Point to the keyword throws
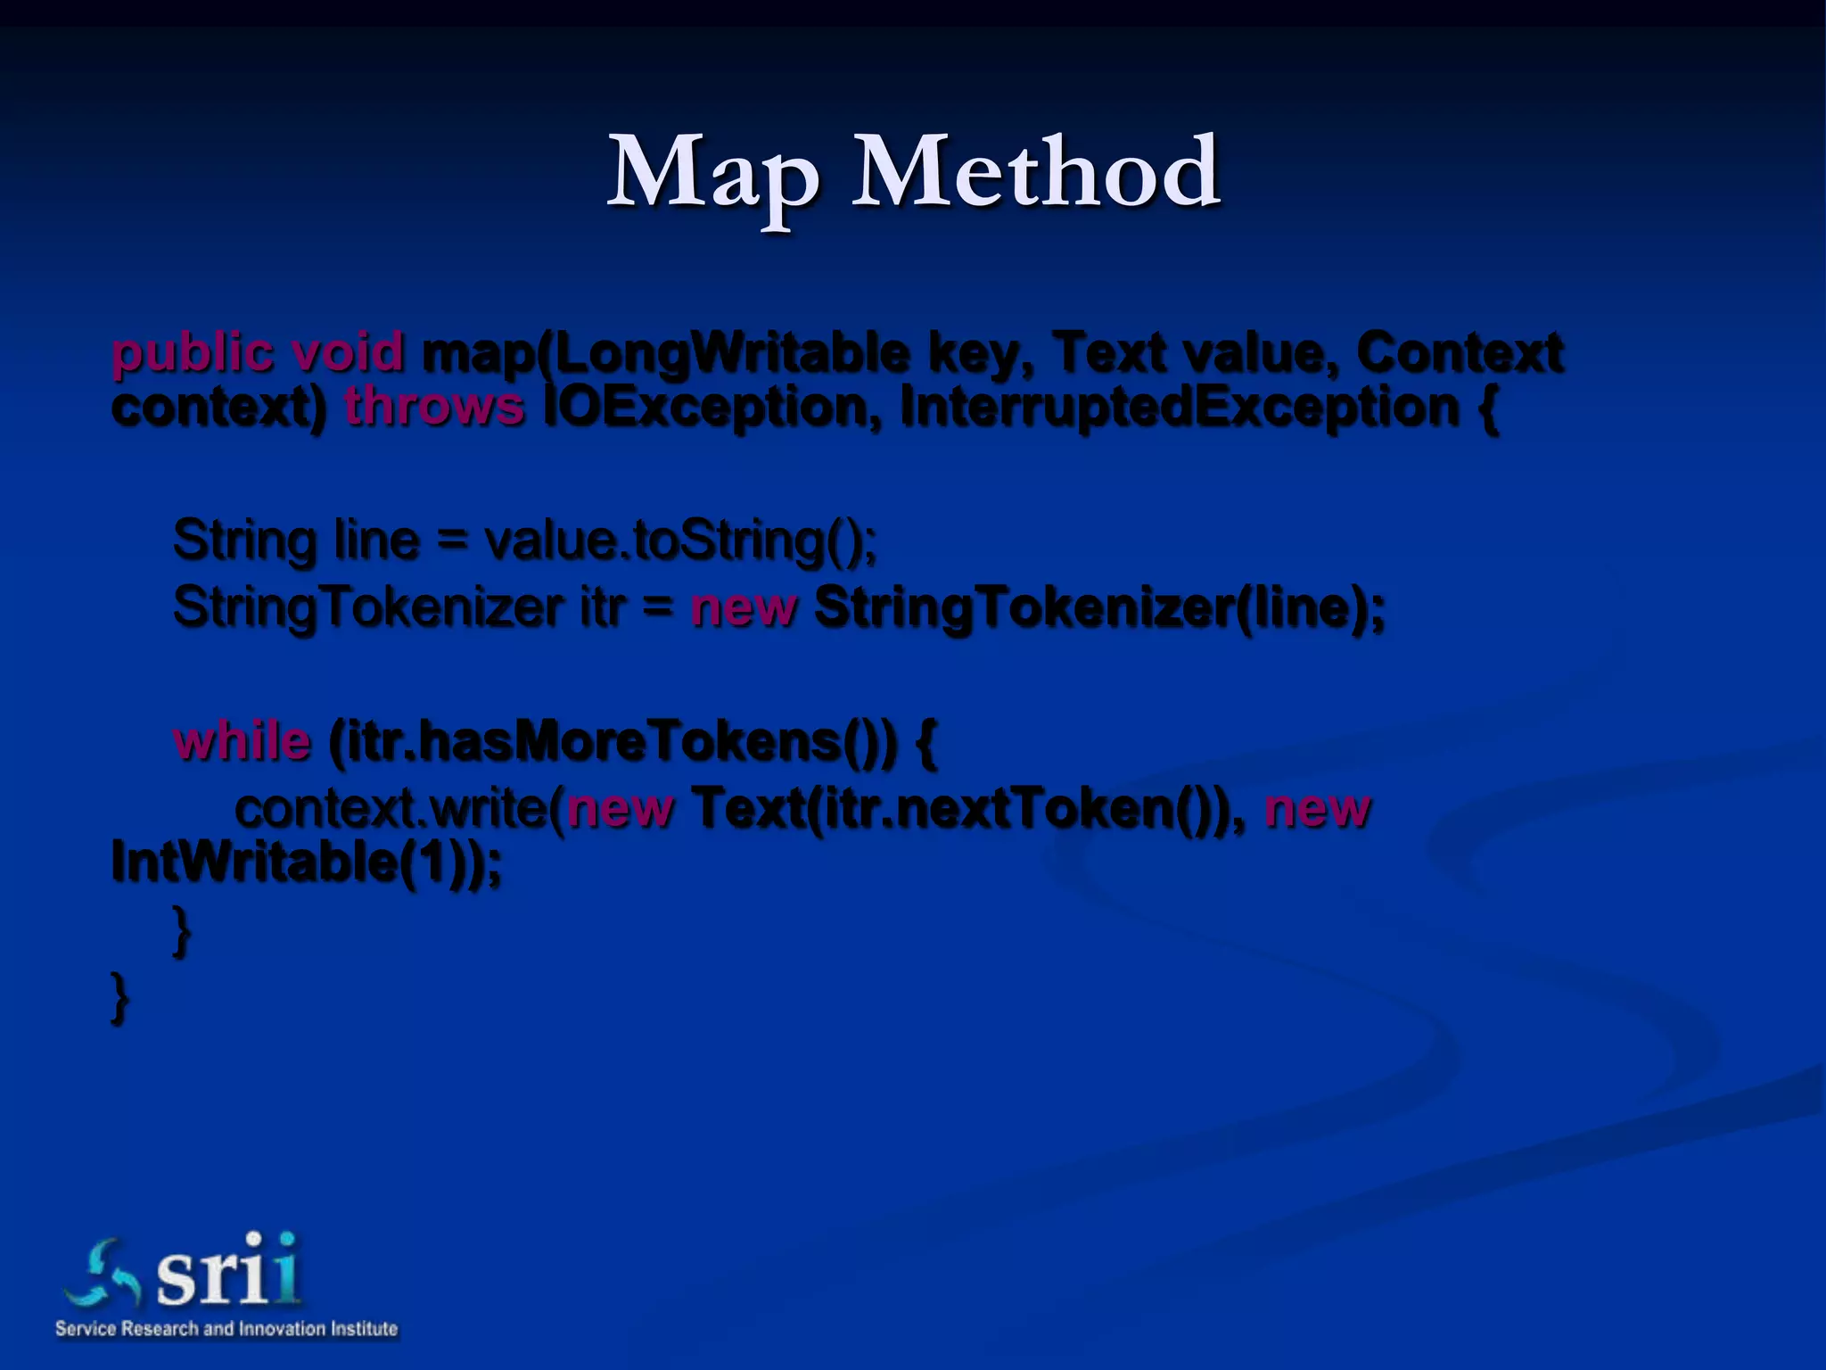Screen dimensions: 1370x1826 pyautogui.click(x=434, y=407)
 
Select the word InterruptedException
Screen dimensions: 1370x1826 pyautogui.click(x=1179, y=407)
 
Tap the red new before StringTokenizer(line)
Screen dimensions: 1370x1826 pyautogui.click(x=743, y=608)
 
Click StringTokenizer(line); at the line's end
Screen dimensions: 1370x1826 pyautogui.click(x=1099, y=608)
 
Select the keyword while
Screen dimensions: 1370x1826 pyautogui.click(x=243, y=741)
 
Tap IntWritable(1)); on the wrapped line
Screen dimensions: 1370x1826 pyautogui.click(x=306, y=862)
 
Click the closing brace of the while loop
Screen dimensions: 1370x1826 pyautogui.click(x=181, y=929)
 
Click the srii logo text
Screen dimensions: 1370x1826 pyautogui.click(x=227, y=1271)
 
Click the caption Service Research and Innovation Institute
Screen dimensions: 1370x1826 pyautogui.click(x=226, y=1328)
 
